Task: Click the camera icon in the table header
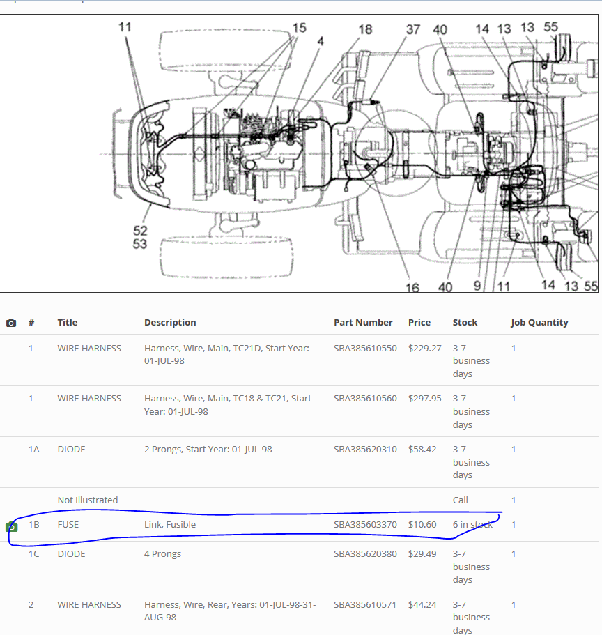11,323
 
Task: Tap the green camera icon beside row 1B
11,527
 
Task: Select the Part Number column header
363,322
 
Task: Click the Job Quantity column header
539,322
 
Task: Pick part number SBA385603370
365,524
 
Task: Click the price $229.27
425,349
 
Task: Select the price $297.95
425,399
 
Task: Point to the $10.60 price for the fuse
422,524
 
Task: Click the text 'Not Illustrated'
88,500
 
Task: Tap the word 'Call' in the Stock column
461,500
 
